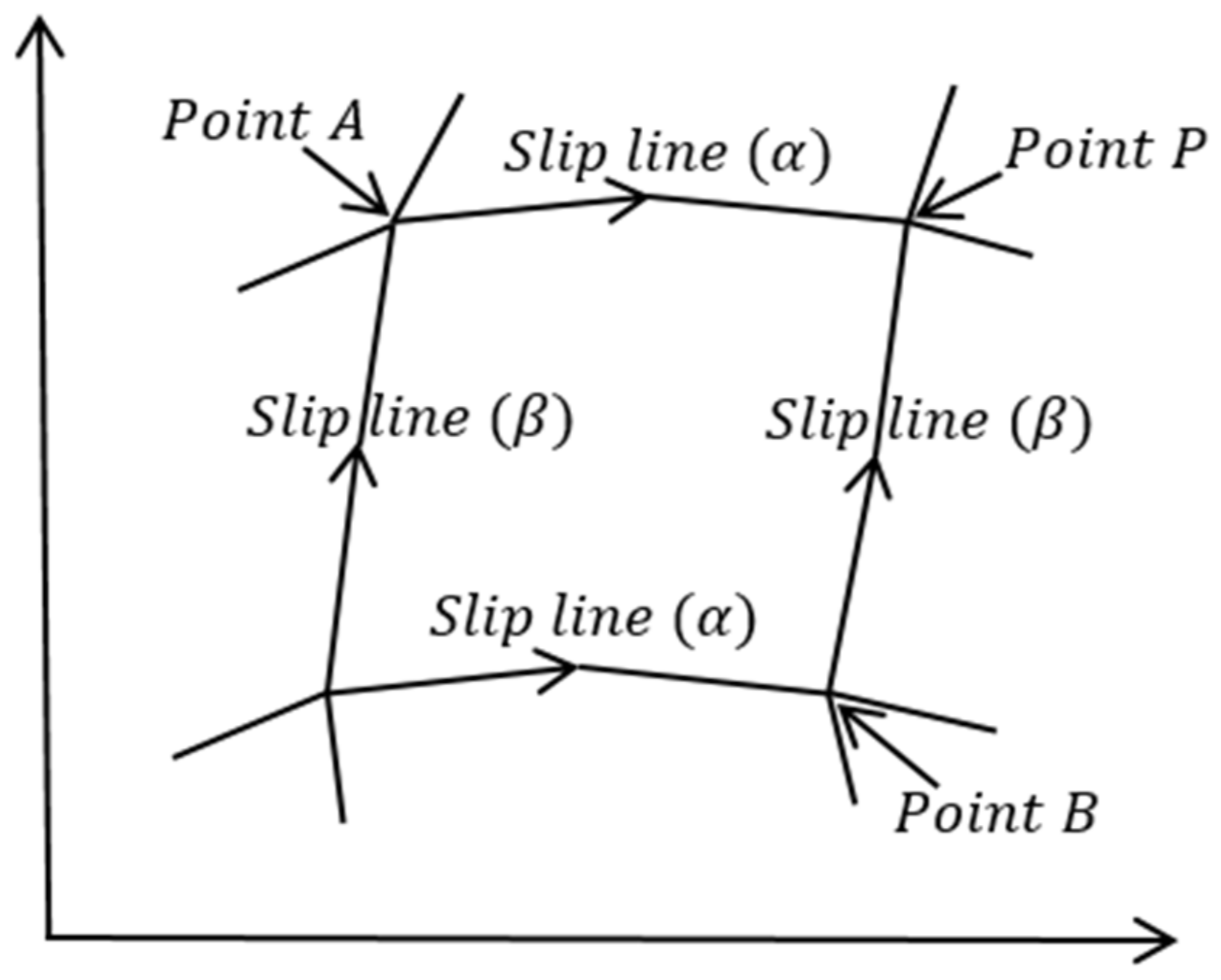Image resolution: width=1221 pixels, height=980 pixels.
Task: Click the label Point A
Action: (263, 121)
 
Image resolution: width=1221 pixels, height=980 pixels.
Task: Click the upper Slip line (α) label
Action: (666, 153)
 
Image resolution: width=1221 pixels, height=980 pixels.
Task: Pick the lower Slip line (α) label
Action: (592, 618)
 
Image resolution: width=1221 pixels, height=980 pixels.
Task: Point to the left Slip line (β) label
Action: (410, 418)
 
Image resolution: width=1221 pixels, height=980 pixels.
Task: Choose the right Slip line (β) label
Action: (928, 420)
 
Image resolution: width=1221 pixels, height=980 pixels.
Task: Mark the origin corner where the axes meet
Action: (48, 938)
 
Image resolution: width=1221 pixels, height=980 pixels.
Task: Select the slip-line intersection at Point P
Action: (907, 220)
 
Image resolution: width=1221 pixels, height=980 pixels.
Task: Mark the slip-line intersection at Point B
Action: (829, 693)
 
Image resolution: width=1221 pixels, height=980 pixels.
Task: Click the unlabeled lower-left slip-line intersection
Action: (326, 694)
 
